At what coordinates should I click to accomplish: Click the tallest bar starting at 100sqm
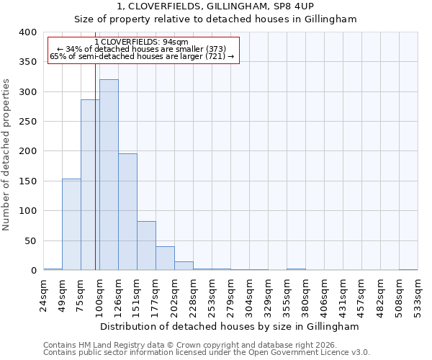click(x=109, y=175)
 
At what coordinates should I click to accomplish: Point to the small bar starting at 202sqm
click(x=184, y=266)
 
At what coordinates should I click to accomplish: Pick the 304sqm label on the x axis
click(x=249, y=295)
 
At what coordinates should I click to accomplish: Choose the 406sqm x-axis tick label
click(x=324, y=295)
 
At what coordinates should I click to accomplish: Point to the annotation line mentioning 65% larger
click(x=142, y=56)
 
